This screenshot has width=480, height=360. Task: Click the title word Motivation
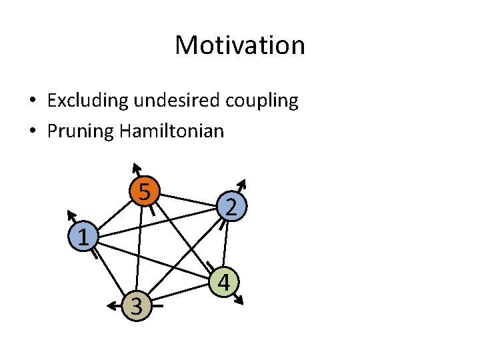tap(240, 45)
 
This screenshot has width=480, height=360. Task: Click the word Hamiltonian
tap(172, 131)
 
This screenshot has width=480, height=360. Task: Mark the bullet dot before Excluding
tap(32, 101)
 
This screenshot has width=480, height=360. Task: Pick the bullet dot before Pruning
tap(32, 131)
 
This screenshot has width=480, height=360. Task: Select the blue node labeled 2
tap(230, 208)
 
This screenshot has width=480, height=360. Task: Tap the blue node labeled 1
tap(83, 236)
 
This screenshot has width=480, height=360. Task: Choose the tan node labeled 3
tap(136, 306)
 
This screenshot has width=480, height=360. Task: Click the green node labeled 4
tap(224, 283)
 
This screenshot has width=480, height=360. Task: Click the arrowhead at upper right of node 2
tap(243, 183)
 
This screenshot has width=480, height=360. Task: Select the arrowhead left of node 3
tap(110, 306)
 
